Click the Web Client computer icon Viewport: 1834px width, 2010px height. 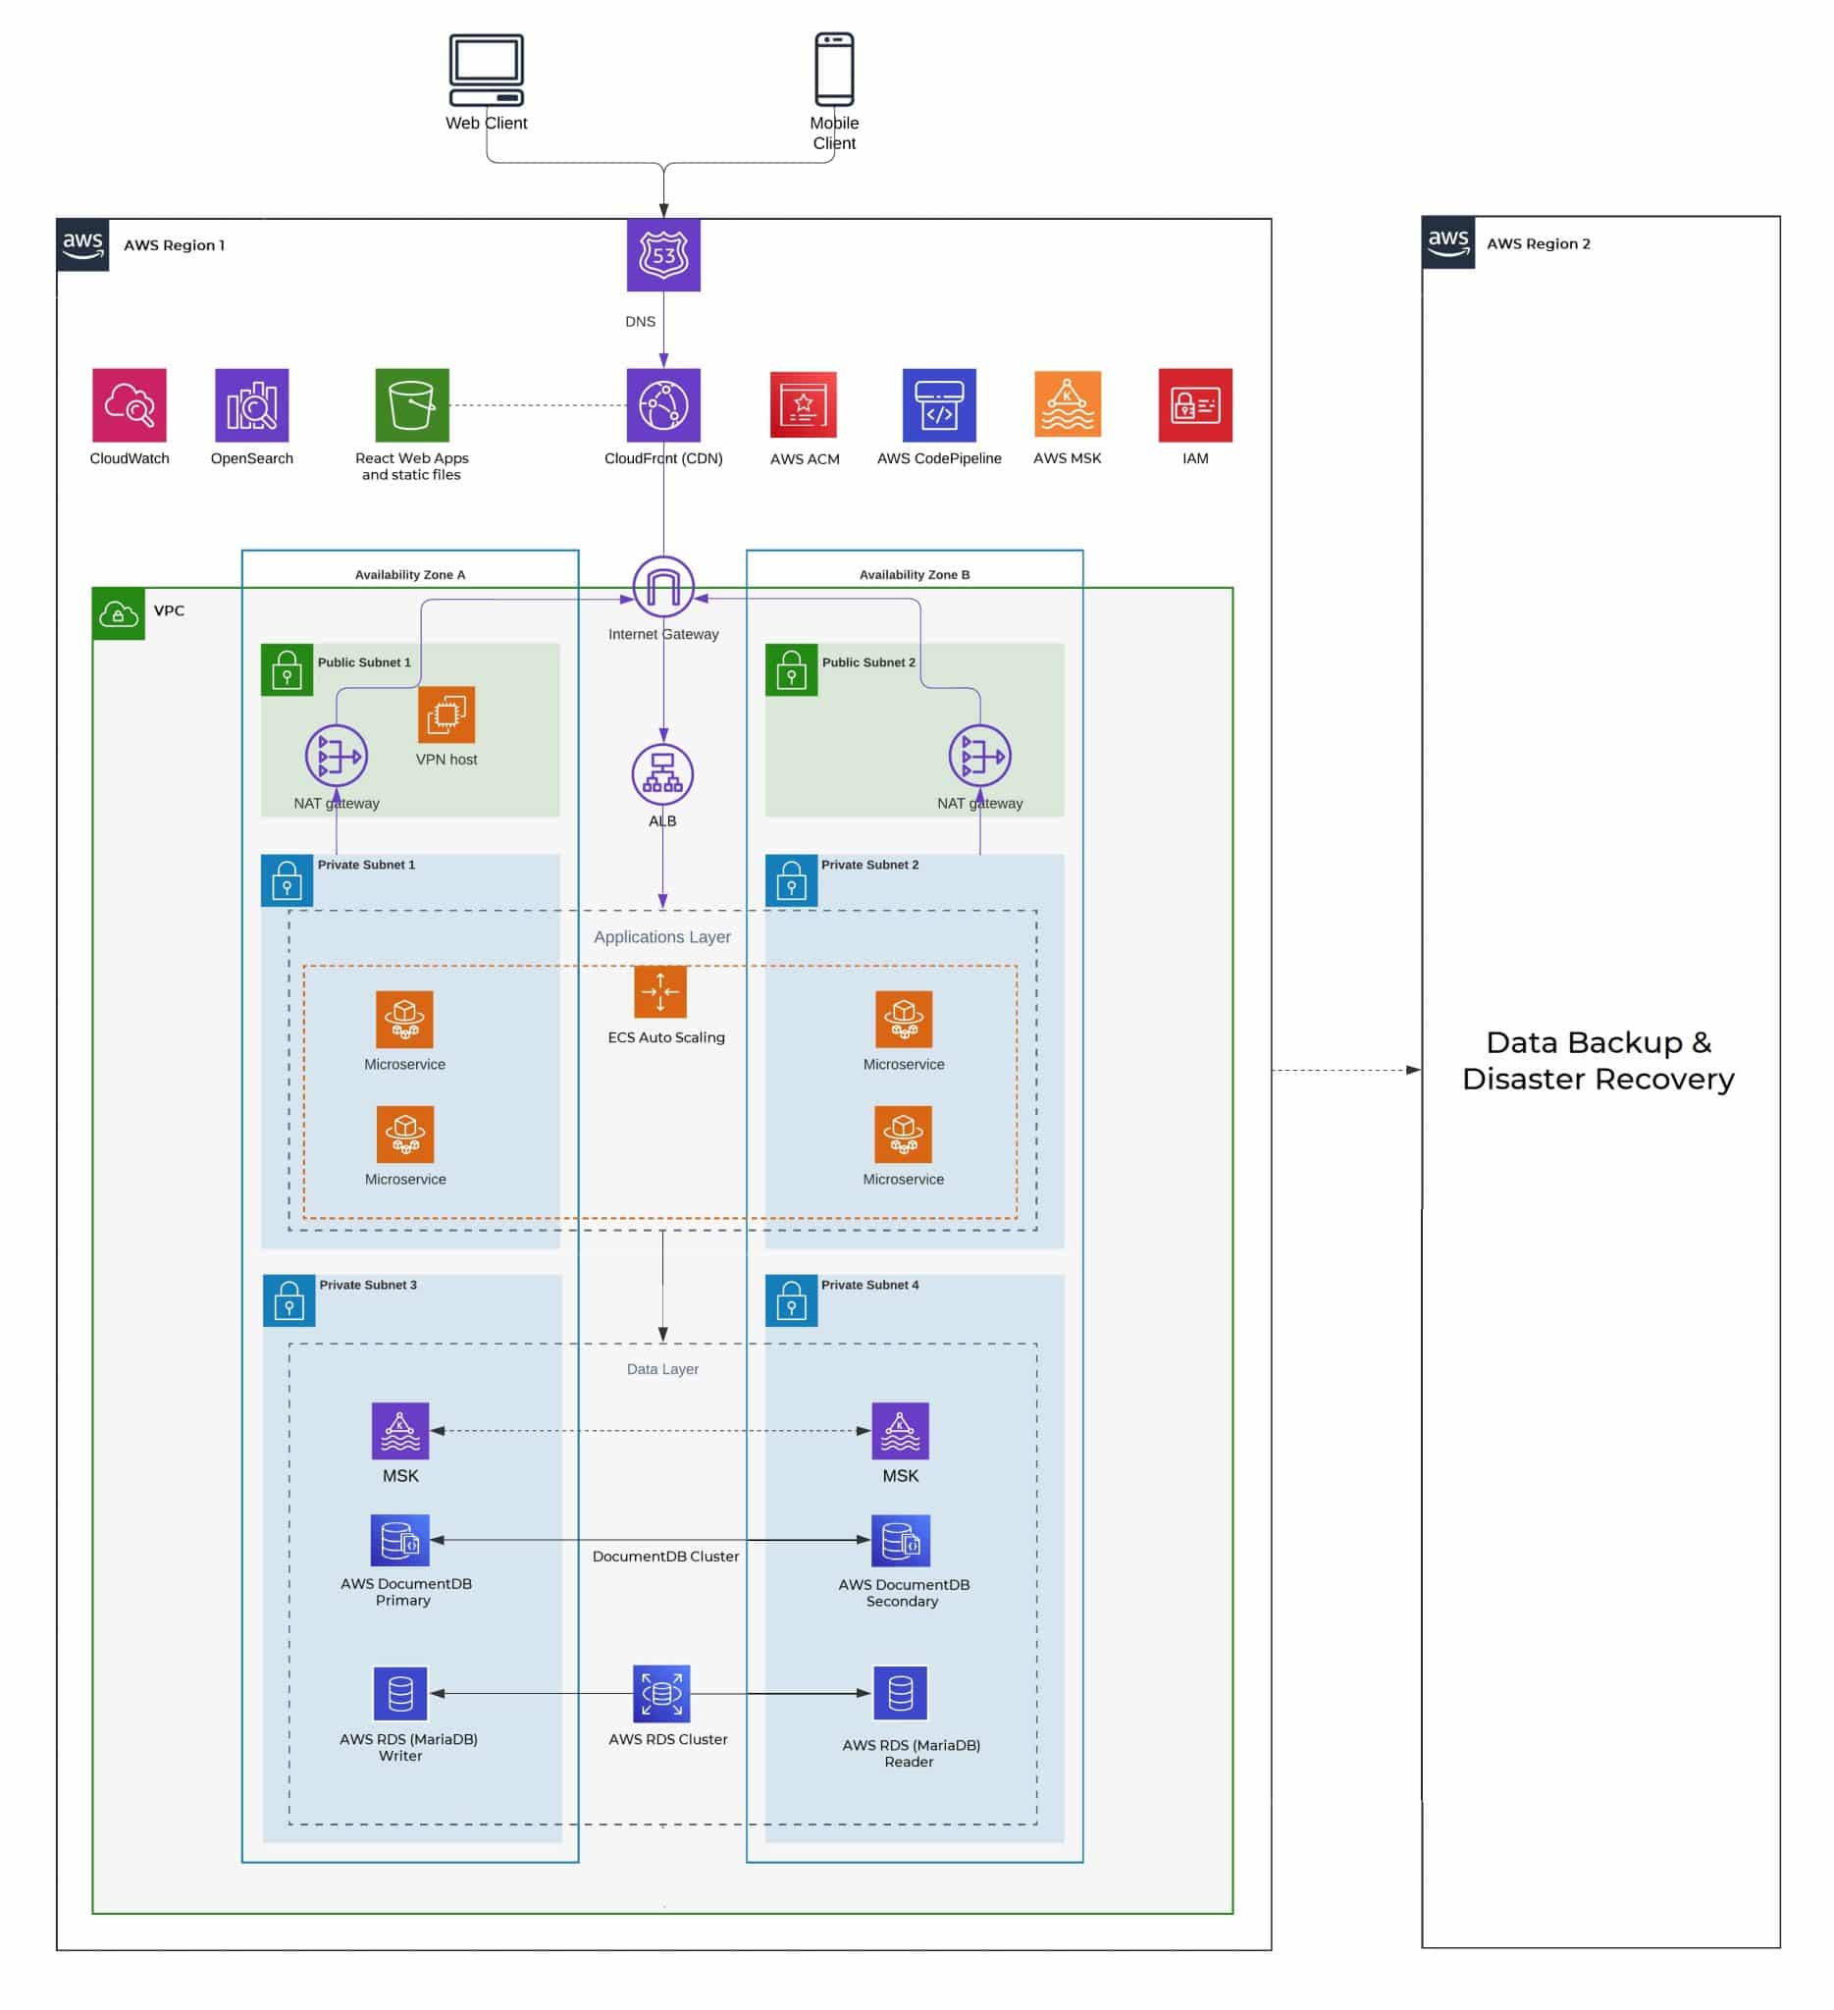pyautogui.click(x=486, y=70)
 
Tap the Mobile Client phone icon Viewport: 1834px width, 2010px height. pyautogui.click(x=833, y=69)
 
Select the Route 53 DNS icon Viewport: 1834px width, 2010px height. pyautogui.click(x=662, y=255)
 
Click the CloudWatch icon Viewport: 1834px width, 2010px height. pyautogui.click(x=130, y=404)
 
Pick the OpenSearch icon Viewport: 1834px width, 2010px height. pyautogui.click(x=251, y=404)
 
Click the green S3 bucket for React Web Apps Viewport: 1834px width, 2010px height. pyautogui.click(x=412, y=404)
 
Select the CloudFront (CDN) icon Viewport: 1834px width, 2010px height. pyautogui.click(x=662, y=404)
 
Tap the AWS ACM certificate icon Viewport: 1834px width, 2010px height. pyautogui.click(x=804, y=404)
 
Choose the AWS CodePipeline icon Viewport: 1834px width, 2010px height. pyautogui.click(x=939, y=404)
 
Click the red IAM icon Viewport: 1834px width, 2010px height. pyautogui.click(x=1194, y=404)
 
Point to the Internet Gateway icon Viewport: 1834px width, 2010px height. pyautogui.click(x=662, y=586)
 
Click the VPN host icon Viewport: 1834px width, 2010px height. pyautogui.click(x=446, y=714)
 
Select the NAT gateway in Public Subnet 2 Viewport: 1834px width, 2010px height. pyautogui.click(x=978, y=755)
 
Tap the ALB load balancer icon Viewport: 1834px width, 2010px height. pyautogui.click(x=662, y=773)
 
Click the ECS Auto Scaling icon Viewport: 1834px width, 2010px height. pyautogui.click(x=659, y=992)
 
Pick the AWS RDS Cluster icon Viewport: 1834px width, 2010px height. pyautogui.click(x=660, y=1693)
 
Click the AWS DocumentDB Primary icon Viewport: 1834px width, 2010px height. pyautogui.click(x=399, y=1541)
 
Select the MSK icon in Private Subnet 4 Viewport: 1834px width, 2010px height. pyautogui.click(x=899, y=1430)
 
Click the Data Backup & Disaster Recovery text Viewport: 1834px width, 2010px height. pyautogui.click(x=1598, y=1060)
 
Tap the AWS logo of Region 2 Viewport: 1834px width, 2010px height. pyautogui.click(x=1447, y=242)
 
